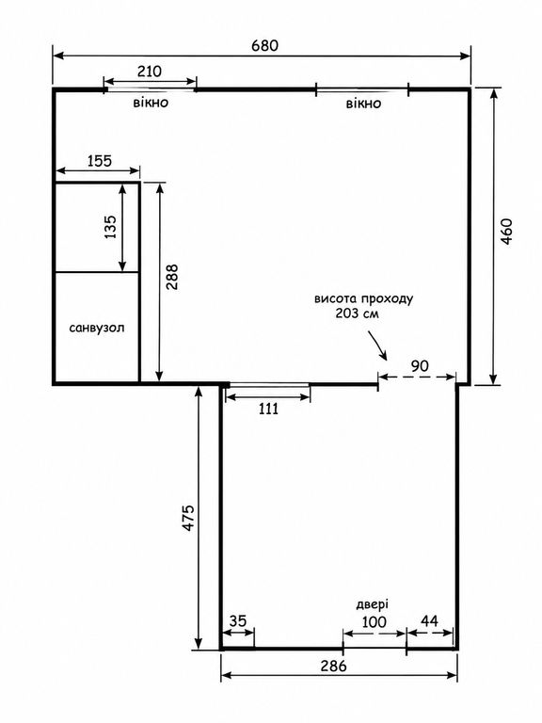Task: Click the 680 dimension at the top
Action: (265, 45)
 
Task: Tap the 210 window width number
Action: (150, 72)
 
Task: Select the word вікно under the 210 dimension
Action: (151, 102)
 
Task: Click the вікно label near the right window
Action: (363, 104)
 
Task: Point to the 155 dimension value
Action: (100, 160)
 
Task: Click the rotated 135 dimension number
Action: (111, 227)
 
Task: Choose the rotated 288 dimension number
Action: (171, 277)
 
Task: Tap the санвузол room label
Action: (97, 329)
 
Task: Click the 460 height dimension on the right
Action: (506, 232)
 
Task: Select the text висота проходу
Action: (363, 298)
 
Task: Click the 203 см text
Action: (358, 313)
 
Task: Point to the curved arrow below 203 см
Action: (377, 345)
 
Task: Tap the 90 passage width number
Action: (420, 366)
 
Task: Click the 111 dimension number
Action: (269, 409)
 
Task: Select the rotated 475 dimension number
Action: (189, 519)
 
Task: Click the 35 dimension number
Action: (238, 621)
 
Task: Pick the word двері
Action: (373, 604)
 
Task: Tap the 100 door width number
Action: (374, 622)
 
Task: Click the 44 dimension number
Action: (429, 621)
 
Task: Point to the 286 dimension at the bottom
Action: (333, 667)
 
